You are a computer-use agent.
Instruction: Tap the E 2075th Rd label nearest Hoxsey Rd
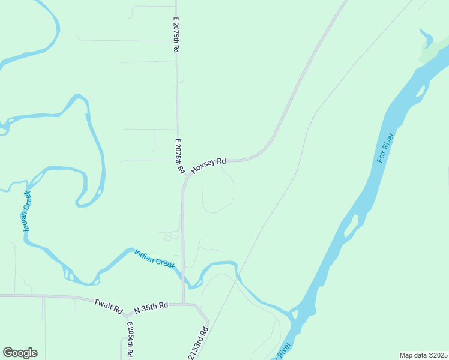[x=179, y=157]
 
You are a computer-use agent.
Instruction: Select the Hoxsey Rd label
[x=208, y=166]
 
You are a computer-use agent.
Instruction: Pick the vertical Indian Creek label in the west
[x=26, y=211]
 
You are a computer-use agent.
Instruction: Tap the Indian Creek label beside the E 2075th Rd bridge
[x=154, y=259]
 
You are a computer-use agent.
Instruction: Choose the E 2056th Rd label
[x=130, y=340]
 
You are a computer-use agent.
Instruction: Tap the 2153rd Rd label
[x=199, y=343]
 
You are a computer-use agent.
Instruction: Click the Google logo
[x=20, y=353]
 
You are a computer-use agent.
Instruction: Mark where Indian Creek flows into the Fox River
[x=292, y=313]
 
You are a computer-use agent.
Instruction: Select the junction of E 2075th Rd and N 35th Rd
[x=184, y=304]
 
